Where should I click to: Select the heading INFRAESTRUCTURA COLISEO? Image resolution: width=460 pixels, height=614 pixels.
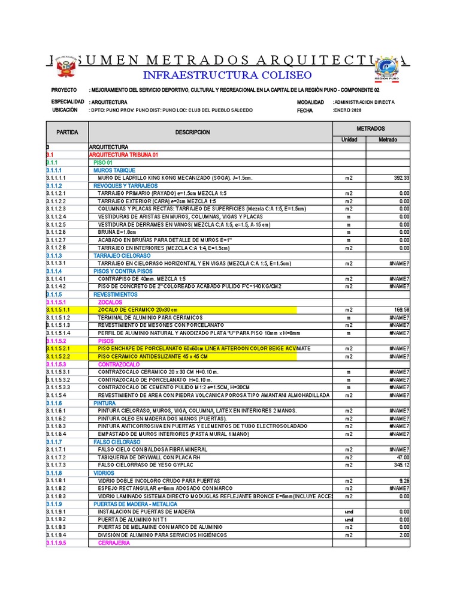click(x=227, y=75)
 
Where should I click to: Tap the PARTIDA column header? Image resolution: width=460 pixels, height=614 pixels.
click(x=67, y=132)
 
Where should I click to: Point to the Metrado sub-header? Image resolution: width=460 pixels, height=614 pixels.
click(x=388, y=140)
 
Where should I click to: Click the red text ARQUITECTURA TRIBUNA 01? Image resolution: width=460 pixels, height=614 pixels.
click(x=123, y=155)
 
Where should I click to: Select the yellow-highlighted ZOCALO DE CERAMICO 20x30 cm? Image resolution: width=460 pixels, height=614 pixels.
click(x=138, y=310)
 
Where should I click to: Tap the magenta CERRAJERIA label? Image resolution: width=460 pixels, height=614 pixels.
click(x=114, y=543)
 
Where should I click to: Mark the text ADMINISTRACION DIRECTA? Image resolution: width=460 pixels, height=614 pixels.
click(x=364, y=103)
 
